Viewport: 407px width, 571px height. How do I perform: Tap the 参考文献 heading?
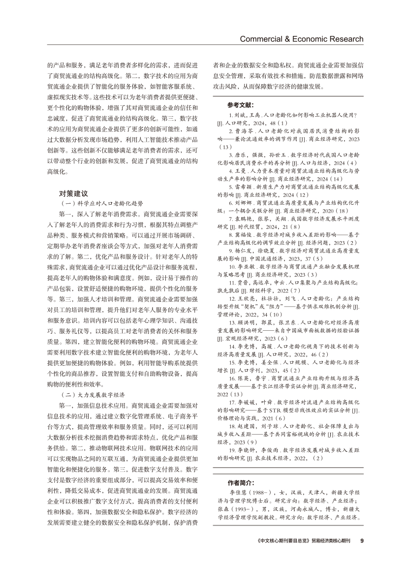click(x=241, y=105)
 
